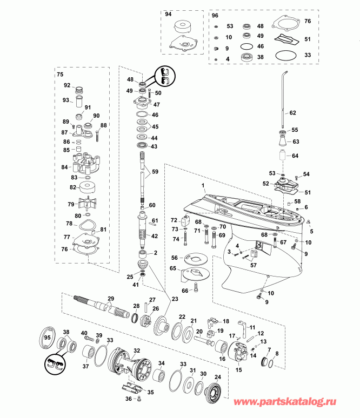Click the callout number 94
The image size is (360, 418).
pyautogui.click(x=168, y=15)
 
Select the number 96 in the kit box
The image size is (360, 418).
pyautogui.click(x=215, y=16)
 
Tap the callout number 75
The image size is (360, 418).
pyautogui.click(x=60, y=74)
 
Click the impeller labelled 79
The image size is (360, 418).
pyautogui.click(x=86, y=205)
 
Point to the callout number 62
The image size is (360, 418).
pyautogui.click(x=292, y=113)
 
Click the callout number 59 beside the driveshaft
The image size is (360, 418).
pyautogui.click(x=155, y=172)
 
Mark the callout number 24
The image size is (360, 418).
pyautogui.click(x=218, y=377)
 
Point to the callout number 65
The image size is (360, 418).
pyautogui.click(x=174, y=268)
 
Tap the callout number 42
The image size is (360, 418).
pyautogui.click(x=154, y=236)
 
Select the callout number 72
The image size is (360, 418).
pyautogui.click(x=174, y=220)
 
